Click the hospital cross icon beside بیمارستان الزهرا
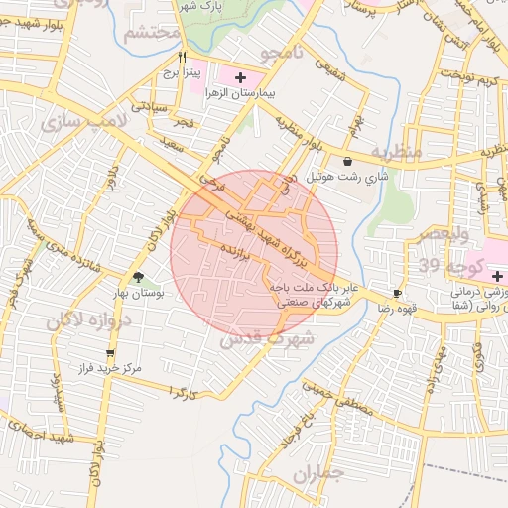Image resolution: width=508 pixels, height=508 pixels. tap(239, 76)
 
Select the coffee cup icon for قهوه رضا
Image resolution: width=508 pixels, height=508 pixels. tap(397, 294)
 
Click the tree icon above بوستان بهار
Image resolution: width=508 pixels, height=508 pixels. tap(139, 278)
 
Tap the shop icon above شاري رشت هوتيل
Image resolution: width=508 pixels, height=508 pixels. tap(346, 162)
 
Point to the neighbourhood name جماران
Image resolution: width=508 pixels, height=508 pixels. tap(317, 474)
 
